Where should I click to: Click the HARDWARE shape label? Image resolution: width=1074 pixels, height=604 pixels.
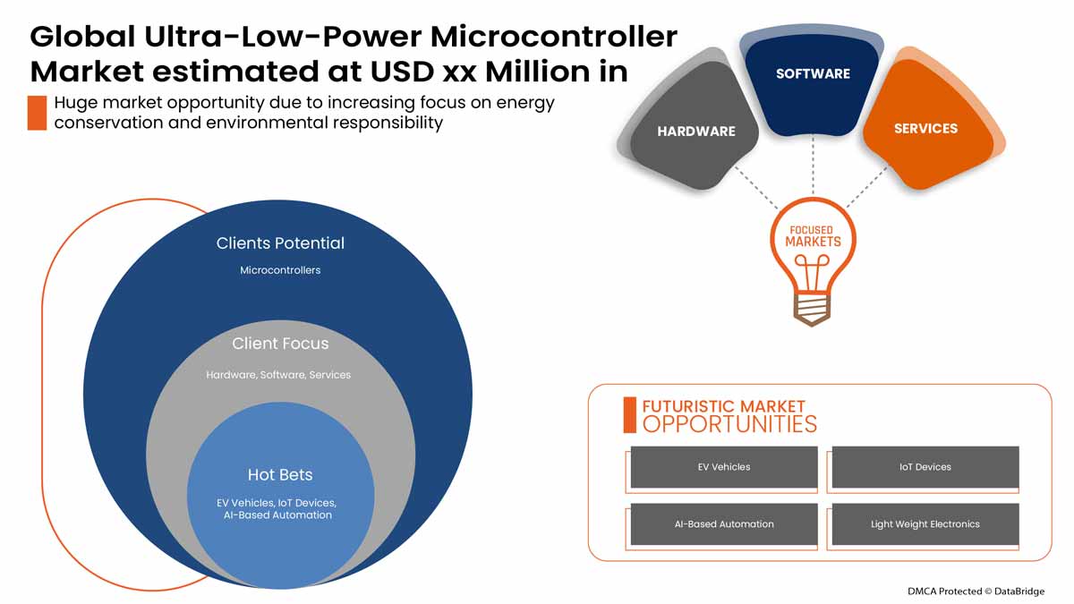(695, 132)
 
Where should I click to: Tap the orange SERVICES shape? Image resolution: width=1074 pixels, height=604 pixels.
(925, 129)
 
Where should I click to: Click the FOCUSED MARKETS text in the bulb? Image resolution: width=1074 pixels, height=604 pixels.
(813, 236)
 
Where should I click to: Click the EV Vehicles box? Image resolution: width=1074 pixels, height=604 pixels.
(724, 467)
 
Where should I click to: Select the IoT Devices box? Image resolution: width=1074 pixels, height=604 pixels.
(925, 467)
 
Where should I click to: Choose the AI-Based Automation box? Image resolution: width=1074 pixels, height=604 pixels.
(724, 524)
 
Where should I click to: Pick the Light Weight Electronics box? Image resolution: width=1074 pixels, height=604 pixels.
(925, 524)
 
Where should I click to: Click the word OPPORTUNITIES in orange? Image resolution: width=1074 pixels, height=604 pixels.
(729, 424)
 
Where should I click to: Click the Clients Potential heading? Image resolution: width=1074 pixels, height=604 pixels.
(280, 243)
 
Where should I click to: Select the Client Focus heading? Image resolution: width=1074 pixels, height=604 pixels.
(280, 344)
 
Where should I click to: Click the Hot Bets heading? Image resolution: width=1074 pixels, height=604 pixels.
(280, 474)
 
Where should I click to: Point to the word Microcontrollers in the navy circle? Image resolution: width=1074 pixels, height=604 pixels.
(280, 270)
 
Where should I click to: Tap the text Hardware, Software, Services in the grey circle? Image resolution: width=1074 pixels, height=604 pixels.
(278, 375)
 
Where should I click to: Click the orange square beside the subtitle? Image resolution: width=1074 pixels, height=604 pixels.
(37, 113)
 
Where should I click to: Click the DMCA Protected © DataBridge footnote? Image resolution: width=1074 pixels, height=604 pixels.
(975, 591)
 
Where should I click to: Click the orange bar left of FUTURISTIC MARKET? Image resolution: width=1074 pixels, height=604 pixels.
(629, 414)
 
